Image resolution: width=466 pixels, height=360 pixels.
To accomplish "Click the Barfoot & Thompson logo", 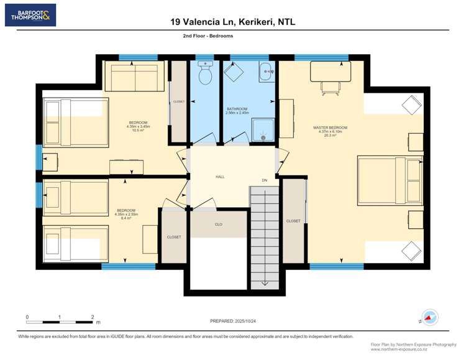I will (30, 15).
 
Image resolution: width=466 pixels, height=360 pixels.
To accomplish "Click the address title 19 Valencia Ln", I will (232, 22).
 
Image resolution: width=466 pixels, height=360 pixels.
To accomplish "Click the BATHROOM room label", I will (237, 109).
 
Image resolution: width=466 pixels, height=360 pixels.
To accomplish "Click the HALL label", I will (220, 177).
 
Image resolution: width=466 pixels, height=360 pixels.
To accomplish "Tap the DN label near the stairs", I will (264, 181).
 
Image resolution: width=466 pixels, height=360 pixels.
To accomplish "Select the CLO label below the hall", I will (218, 224).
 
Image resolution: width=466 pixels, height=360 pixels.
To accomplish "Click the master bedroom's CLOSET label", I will (293, 221).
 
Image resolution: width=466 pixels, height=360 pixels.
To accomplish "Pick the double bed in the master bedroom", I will (390, 180).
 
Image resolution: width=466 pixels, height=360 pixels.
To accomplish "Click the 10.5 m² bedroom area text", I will (138, 131).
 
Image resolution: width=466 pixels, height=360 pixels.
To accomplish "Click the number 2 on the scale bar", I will (92, 316).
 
